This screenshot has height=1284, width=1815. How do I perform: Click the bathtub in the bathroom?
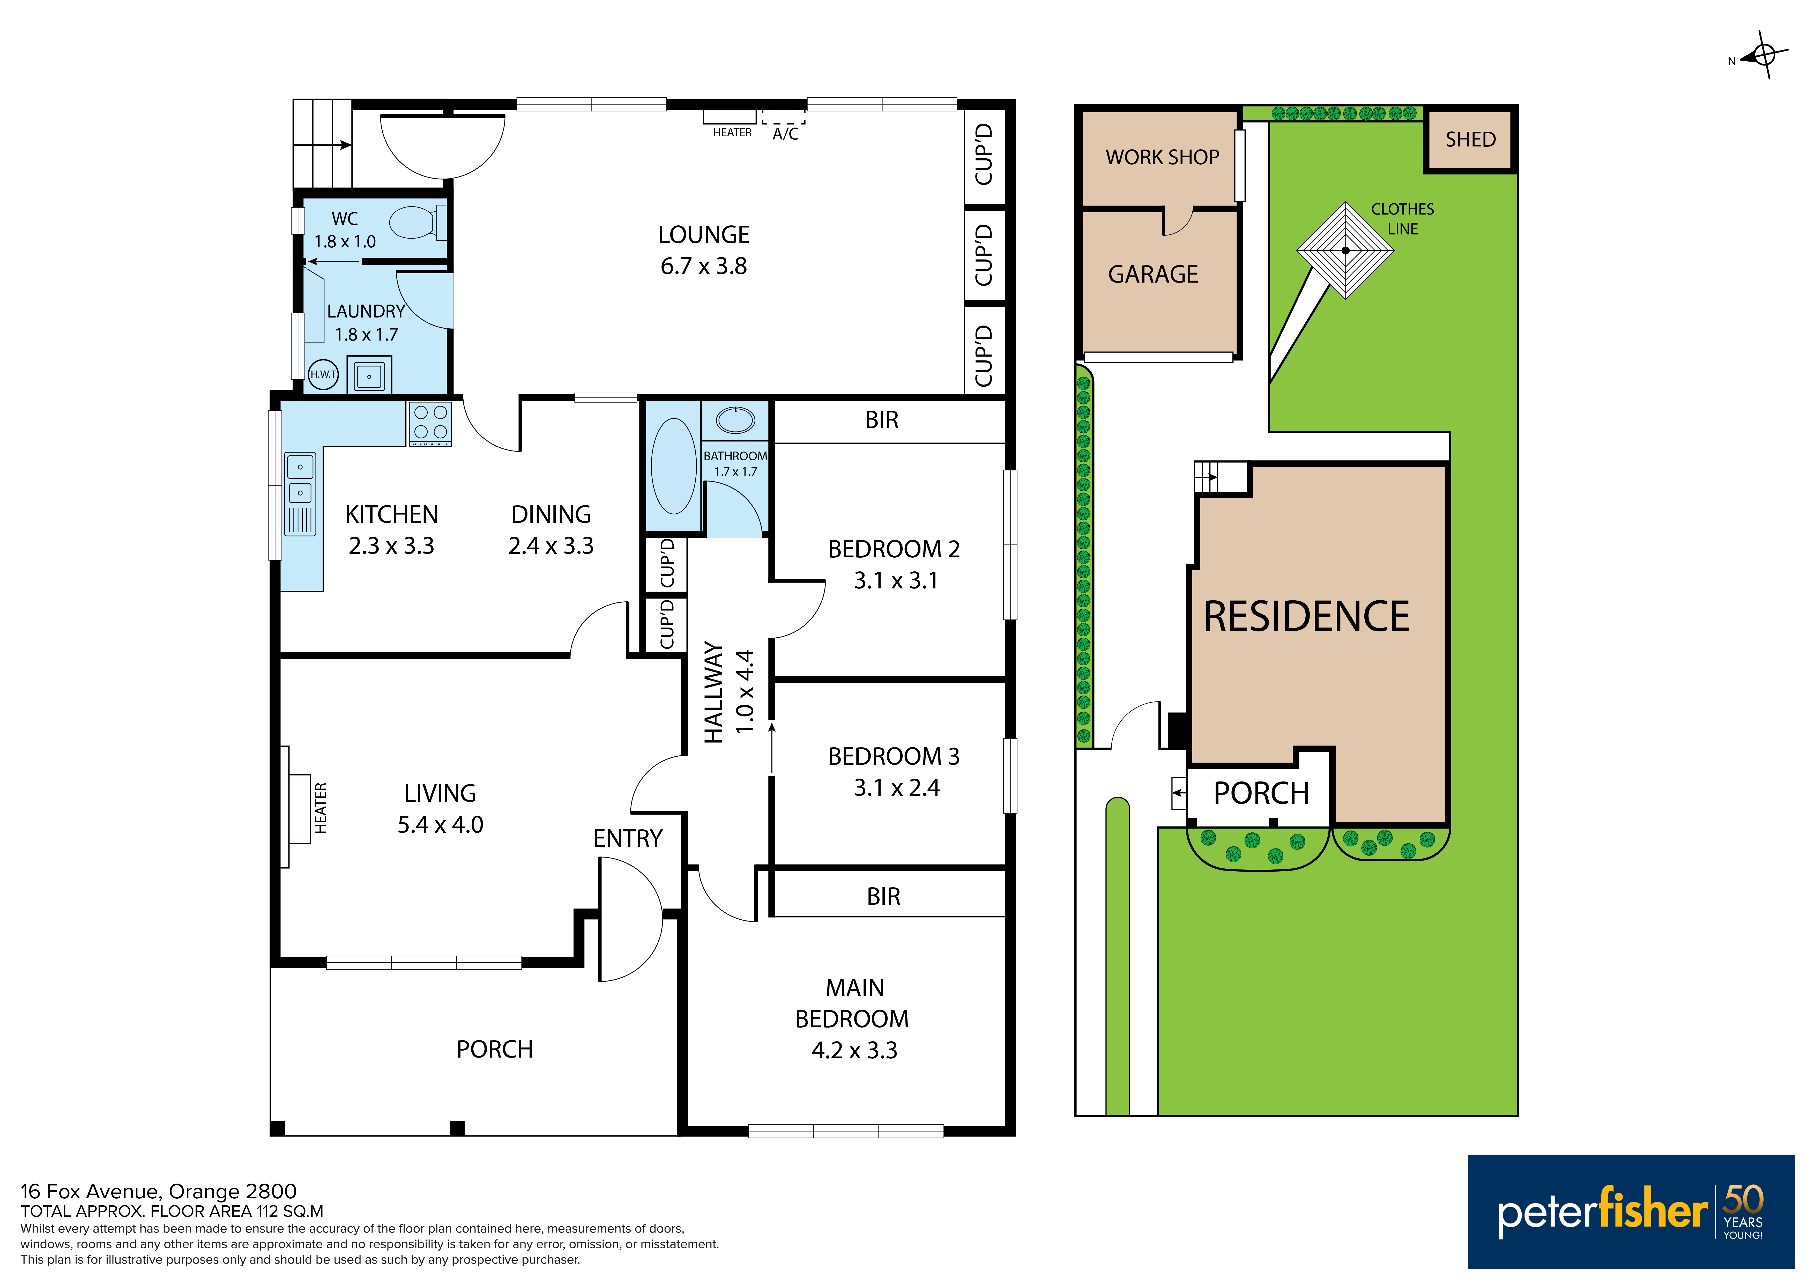point(673,467)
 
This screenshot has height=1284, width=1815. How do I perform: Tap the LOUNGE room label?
point(704,235)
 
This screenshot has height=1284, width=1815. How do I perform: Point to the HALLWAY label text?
point(714,693)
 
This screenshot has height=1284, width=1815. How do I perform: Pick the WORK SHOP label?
point(1162,157)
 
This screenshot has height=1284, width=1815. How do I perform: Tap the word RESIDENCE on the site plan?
point(1306,617)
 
